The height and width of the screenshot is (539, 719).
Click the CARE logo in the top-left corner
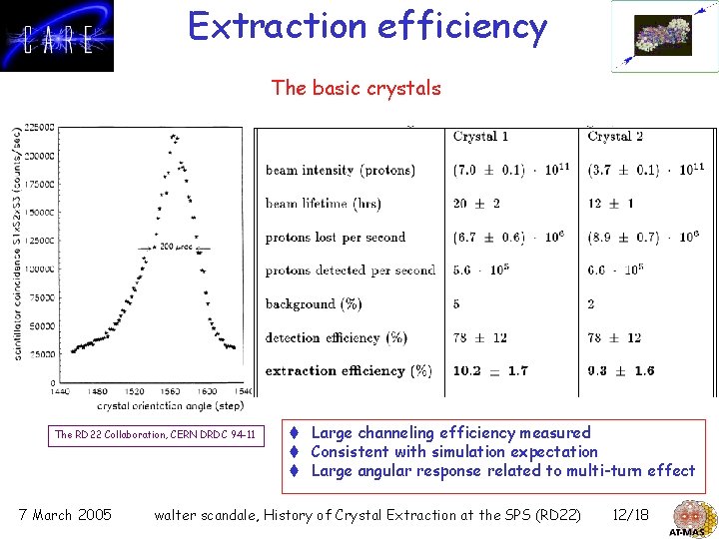[57, 36]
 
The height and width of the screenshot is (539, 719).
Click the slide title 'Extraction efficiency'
[367, 27]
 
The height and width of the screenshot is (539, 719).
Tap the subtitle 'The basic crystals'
[356, 88]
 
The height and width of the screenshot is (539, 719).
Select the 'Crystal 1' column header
[480, 137]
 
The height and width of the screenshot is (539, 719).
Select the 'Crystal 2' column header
[615, 137]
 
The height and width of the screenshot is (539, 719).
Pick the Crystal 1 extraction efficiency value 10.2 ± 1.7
[490, 371]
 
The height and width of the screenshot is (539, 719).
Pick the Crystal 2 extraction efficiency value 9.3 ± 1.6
[621, 371]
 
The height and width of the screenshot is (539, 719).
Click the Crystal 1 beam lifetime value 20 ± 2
[475, 204]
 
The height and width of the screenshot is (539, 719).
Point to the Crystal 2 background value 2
[592, 304]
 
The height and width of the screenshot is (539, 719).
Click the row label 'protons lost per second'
[335, 238]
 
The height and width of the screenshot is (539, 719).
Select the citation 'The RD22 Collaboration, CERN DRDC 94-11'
[155, 434]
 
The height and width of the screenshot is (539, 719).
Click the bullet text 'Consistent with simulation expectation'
[454, 451]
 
